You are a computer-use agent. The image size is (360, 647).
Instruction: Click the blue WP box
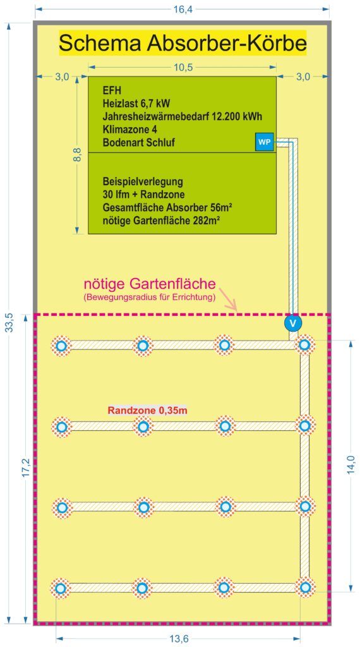[265, 142]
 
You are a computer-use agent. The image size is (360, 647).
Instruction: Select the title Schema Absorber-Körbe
[183, 42]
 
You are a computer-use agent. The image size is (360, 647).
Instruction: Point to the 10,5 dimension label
[183, 68]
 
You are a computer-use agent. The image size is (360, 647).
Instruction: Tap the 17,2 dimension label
[25, 468]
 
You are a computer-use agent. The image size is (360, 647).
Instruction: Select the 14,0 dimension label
[351, 465]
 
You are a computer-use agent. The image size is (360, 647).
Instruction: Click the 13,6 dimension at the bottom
[178, 639]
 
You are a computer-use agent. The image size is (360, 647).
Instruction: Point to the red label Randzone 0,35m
[148, 411]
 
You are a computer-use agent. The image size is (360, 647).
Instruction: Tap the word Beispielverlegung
[143, 181]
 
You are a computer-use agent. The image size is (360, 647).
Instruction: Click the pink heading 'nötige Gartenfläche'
[150, 284]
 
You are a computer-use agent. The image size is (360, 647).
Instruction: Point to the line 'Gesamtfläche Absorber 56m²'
[162, 207]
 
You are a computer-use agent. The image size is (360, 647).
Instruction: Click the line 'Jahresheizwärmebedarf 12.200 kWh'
[183, 117]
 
